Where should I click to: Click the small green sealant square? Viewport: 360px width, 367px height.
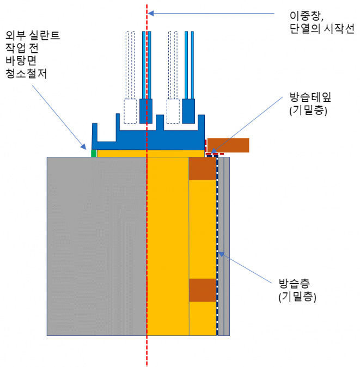pos(94,153)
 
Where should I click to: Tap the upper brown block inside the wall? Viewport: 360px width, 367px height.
pos(203,169)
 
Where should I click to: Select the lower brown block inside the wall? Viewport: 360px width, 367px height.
pos(203,290)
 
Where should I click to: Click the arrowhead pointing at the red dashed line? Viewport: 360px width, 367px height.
pos(151,13)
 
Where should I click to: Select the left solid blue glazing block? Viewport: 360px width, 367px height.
pos(147,111)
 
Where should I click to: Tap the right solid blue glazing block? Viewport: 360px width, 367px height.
pos(188,111)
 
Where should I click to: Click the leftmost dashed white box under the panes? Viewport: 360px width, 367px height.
pos(130,111)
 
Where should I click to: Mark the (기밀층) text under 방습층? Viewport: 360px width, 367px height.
pos(297,298)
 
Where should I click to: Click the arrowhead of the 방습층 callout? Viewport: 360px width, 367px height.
pos(219,253)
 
